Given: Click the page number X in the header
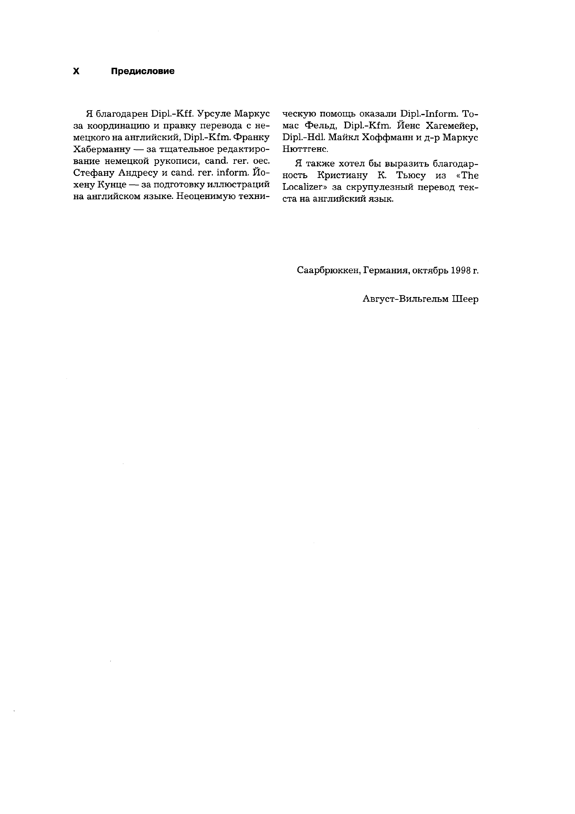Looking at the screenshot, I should [x=76, y=71].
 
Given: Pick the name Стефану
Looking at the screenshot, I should [x=93, y=173].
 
